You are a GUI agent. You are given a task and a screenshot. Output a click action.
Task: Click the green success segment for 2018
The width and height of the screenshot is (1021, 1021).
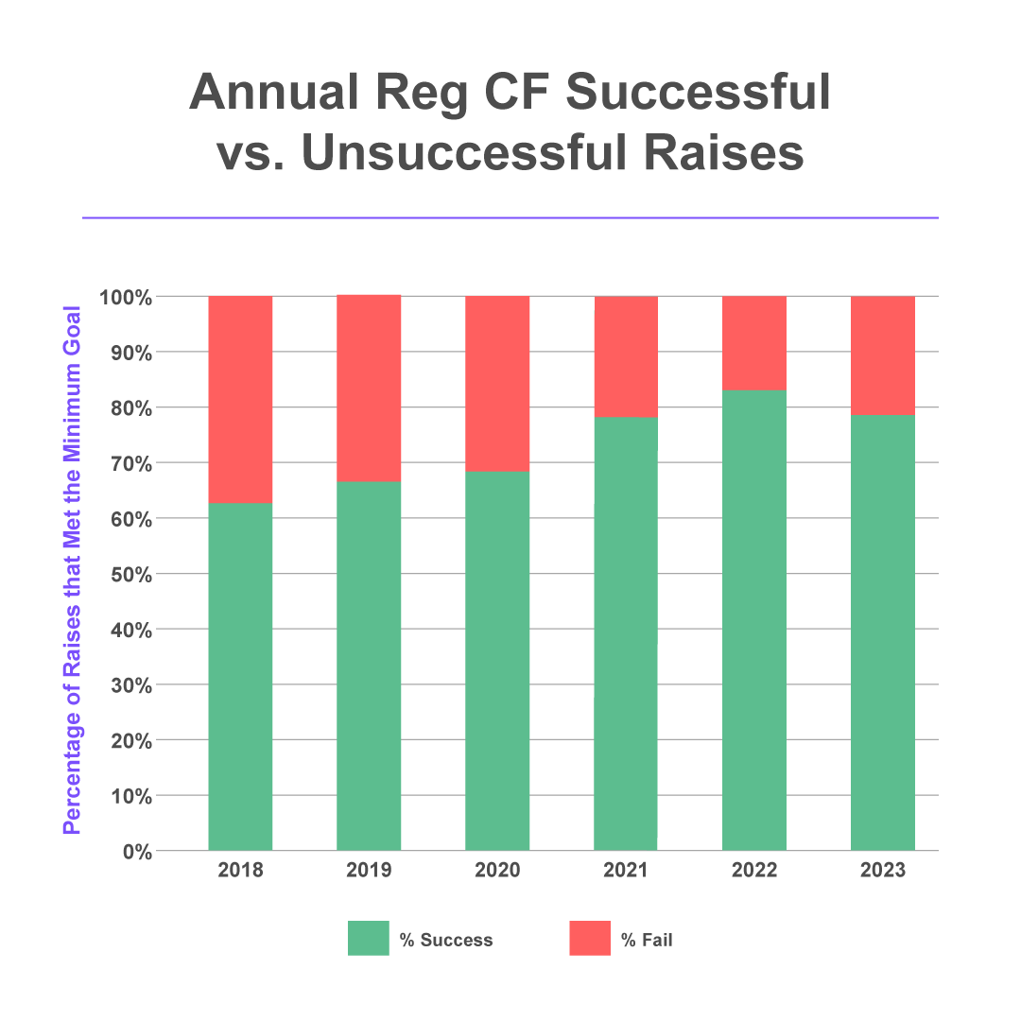pos(240,676)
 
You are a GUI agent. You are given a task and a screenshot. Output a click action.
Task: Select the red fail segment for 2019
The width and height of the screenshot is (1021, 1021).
pos(369,388)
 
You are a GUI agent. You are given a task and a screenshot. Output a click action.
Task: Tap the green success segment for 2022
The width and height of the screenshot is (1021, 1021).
pos(754,619)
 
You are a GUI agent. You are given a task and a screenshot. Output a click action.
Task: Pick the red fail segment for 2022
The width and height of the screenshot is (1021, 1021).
pos(754,342)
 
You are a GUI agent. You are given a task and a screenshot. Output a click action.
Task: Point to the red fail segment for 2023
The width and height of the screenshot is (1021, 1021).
pos(883,355)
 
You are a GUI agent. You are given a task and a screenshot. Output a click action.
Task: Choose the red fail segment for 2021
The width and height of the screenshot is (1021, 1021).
pos(626,356)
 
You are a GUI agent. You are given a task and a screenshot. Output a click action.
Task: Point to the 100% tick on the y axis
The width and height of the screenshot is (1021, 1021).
pos(126,297)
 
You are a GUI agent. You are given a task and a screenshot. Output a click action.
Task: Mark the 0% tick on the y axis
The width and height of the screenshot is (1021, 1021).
pos(136,851)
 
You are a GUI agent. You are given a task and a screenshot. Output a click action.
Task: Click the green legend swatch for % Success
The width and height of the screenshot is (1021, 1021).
pos(368,939)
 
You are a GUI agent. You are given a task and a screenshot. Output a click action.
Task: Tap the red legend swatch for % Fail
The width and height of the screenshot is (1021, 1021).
pos(590,939)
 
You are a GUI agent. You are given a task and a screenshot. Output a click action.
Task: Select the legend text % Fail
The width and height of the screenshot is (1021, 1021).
pos(647,940)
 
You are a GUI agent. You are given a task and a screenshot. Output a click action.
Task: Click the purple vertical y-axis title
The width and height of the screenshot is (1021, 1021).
pos(71,570)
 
